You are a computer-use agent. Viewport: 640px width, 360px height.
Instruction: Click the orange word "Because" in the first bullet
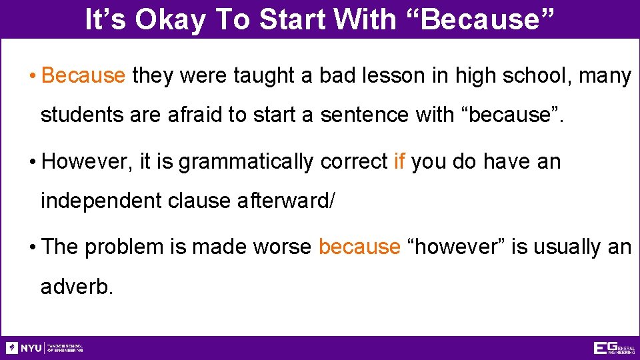click(83, 76)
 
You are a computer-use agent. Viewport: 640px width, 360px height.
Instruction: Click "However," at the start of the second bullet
click(87, 161)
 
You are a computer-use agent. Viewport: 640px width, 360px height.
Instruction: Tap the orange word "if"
click(399, 161)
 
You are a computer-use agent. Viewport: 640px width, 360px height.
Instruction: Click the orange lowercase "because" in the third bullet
click(359, 247)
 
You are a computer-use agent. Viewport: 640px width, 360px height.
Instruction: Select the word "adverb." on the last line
click(77, 287)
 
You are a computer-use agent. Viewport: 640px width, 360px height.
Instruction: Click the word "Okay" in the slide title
click(171, 20)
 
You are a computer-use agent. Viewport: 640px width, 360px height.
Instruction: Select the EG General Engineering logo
click(613, 348)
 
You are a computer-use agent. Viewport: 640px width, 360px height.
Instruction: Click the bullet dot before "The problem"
click(33, 247)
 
